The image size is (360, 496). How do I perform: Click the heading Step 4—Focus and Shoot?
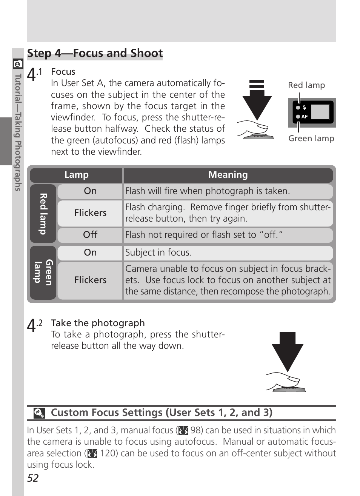pos(95,53)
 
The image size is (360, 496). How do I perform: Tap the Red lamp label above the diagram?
pos(306,85)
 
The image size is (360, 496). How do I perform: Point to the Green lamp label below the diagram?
pos(311,139)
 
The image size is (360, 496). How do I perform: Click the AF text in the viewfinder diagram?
pos(305,117)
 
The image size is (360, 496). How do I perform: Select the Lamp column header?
pos(76,175)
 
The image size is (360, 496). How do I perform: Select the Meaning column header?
pos(228,175)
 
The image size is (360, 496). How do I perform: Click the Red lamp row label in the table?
pos(43,214)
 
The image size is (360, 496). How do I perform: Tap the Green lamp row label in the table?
pos(43,273)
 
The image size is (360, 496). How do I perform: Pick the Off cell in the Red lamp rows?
pos(90,235)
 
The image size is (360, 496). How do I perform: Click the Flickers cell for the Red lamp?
pos(90,213)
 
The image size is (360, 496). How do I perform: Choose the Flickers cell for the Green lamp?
pos(90,280)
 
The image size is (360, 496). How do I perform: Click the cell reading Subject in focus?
pos(158,253)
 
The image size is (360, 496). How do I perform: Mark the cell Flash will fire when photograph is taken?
pos(208,191)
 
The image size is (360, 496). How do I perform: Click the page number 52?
pos(33,478)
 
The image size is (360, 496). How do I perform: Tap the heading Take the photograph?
pos(98,323)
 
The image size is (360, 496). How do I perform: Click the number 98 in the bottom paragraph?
pos(196,430)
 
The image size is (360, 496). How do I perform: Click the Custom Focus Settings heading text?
pos(162,413)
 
